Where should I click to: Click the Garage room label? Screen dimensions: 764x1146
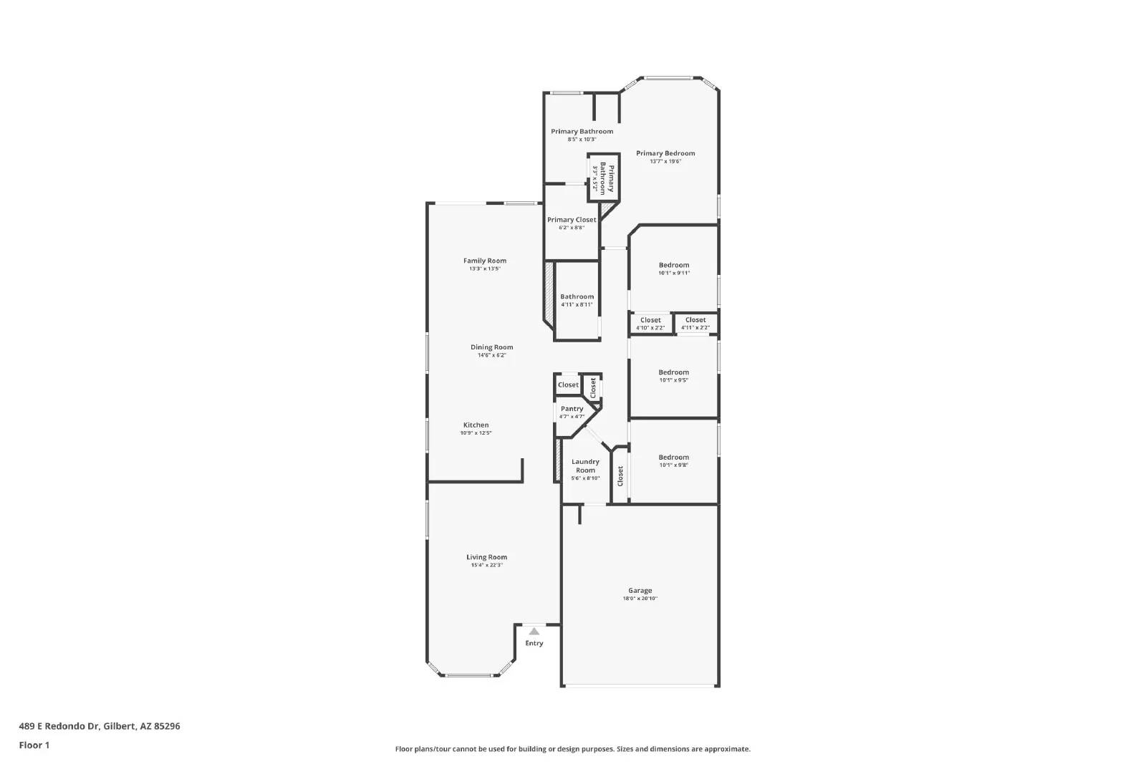click(x=640, y=591)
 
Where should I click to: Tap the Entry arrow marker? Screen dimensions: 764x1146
click(x=534, y=632)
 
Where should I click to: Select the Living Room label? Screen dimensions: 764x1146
click(x=486, y=557)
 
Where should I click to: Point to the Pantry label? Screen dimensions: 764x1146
click(x=572, y=409)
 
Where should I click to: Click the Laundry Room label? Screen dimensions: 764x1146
click(x=585, y=466)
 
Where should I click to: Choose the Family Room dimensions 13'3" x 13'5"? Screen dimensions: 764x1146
click(x=485, y=269)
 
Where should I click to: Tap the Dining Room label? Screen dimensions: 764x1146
click(x=491, y=347)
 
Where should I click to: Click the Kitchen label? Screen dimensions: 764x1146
click(x=476, y=425)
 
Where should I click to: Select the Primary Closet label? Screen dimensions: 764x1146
click(x=572, y=220)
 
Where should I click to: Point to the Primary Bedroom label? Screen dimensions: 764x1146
click(x=665, y=153)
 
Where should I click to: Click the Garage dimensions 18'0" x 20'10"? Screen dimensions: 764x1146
click(x=640, y=599)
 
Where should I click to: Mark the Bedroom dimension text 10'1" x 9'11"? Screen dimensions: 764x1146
click(x=674, y=274)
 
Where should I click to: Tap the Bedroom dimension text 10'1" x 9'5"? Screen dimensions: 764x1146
click(x=674, y=380)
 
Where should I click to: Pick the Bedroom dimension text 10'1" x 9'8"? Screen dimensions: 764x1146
click(x=674, y=465)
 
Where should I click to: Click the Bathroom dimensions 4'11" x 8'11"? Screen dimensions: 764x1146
click(x=577, y=305)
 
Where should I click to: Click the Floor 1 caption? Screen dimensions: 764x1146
click(x=34, y=745)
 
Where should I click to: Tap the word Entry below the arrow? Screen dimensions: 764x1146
click(x=534, y=644)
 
